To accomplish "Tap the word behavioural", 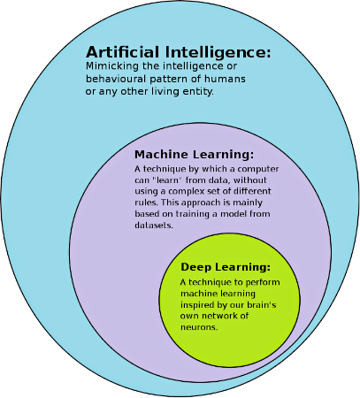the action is coord(116,79).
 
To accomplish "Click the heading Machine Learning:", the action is coord(194,154).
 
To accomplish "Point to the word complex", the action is coord(187,192).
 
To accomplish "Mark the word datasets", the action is coord(154,226).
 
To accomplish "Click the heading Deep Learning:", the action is coord(226,267).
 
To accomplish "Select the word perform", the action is coord(263,283).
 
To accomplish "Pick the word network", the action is coord(216,316).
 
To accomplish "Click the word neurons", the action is coord(199,327).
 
